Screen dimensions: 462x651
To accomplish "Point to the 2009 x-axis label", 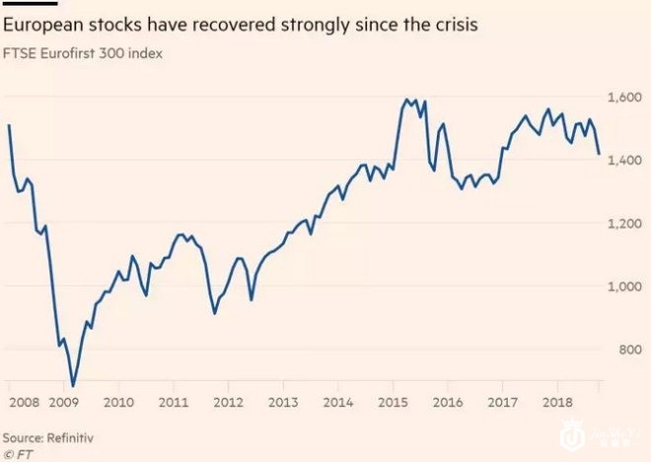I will click(63, 403).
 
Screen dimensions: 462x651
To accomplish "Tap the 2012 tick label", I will click(228, 403).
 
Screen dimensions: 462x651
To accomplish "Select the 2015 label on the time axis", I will click(394, 403).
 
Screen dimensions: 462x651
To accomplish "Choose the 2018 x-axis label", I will click(557, 403).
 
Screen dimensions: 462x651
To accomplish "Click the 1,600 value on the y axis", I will click(624, 98).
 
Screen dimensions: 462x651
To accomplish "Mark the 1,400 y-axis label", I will click(624, 161).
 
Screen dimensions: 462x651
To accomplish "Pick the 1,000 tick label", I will click(624, 287).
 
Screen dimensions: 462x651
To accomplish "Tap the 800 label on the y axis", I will click(629, 350).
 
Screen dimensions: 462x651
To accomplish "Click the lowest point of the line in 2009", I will click(72, 386).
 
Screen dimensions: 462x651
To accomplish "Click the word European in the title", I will click(43, 24).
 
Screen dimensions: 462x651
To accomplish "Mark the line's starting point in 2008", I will click(9, 125).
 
